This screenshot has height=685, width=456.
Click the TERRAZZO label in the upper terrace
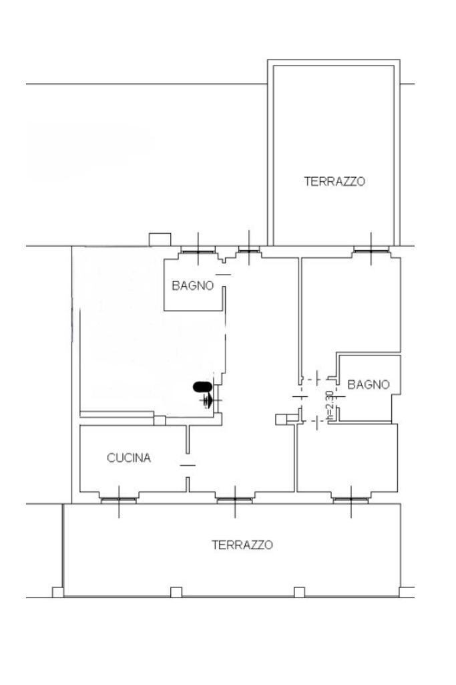point(334,181)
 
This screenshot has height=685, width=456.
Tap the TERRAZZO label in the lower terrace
point(242,545)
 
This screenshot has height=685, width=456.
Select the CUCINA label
point(129,458)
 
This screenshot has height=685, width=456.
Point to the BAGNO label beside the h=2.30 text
point(368,384)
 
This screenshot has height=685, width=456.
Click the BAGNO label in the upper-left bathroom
point(193,286)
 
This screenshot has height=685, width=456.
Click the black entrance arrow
point(209,400)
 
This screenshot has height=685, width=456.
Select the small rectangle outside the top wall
point(160,239)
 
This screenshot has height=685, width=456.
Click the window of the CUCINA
point(119,499)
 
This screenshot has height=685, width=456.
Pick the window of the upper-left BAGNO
point(198,251)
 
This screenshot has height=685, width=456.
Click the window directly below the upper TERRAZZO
point(371,251)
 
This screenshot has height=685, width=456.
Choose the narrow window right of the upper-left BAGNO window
point(249,251)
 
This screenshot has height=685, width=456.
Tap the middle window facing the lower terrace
point(234,499)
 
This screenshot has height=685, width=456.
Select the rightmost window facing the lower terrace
point(351,499)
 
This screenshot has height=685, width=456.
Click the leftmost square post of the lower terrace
point(58,591)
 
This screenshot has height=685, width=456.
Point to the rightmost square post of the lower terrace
point(405,591)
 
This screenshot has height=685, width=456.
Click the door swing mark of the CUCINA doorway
point(188,464)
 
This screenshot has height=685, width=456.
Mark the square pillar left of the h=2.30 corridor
point(281,419)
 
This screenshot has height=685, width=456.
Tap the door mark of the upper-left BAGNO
point(224,275)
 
